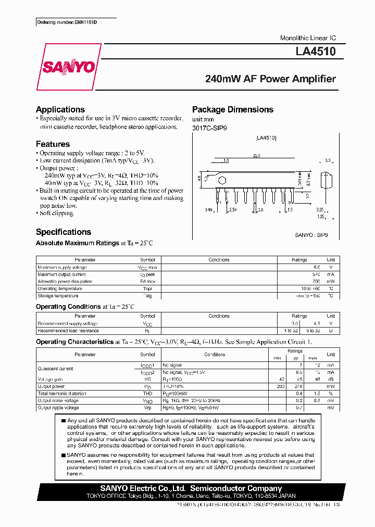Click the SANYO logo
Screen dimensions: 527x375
tap(69, 67)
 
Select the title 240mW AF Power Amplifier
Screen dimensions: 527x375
tap(270, 79)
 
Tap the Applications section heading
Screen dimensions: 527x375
tap(60, 109)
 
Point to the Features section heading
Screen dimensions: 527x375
tap(53, 144)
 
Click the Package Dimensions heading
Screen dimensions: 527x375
tap(232, 109)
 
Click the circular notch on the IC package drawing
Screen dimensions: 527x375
tap(223, 180)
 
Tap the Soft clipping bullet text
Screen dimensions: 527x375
tap(57, 213)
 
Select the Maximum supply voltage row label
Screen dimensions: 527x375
tap(62, 267)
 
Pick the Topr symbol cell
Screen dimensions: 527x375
tap(147, 288)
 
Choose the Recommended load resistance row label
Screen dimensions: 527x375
tap(68, 331)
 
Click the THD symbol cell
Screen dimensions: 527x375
tap(147, 394)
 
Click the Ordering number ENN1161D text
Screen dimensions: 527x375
tap(67, 22)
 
